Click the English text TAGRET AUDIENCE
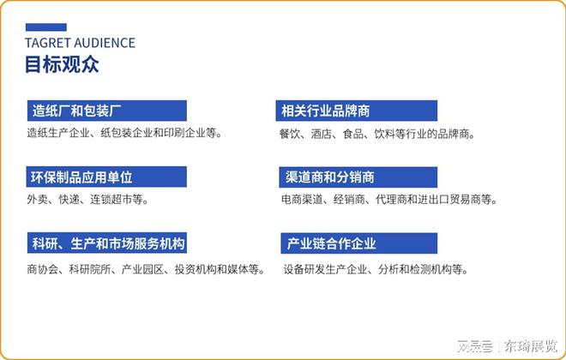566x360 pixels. [80, 42]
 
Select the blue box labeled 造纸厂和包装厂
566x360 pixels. [106, 111]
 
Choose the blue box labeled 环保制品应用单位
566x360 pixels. [106, 177]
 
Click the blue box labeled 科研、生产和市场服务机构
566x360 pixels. [106, 243]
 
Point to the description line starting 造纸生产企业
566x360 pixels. [123, 134]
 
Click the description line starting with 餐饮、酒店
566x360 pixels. [376, 134]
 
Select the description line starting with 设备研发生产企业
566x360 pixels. [376, 268]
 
